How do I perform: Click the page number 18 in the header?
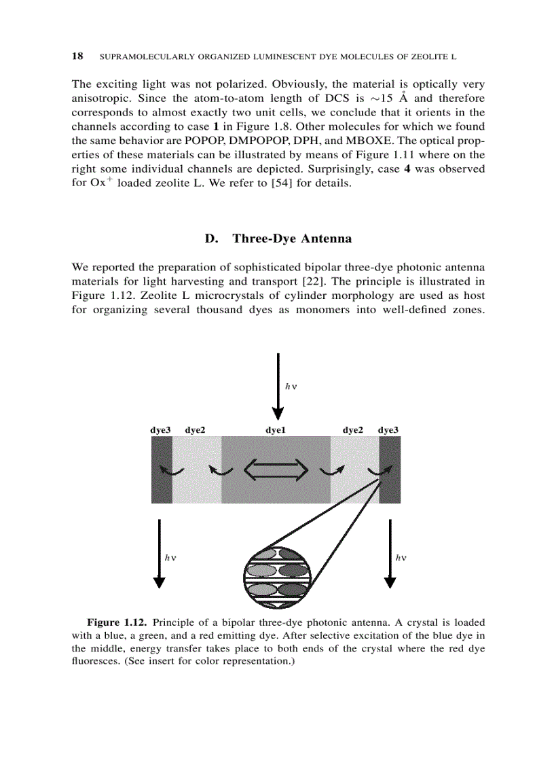coord(77,56)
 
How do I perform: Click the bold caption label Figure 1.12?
coord(117,622)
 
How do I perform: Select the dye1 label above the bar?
coord(275,430)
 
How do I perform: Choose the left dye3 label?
coord(160,430)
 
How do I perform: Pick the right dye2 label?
coord(352,430)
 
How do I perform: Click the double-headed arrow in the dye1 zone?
coord(276,469)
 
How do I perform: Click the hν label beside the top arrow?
coord(292,385)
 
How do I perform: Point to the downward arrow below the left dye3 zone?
coord(159,553)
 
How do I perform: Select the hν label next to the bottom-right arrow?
coord(401,557)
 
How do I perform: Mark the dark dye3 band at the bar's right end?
coord(390,470)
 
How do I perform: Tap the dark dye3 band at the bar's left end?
coord(162,470)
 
